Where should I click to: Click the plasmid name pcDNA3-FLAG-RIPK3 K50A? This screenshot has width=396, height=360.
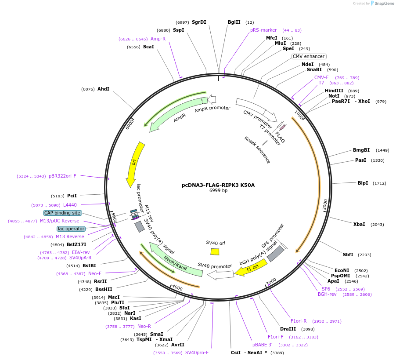[x=218, y=185]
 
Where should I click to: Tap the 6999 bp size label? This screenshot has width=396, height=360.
[x=218, y=191]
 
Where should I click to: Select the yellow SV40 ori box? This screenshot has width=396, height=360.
[x=215, y=251]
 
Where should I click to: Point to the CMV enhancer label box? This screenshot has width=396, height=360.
[x=309, y=56]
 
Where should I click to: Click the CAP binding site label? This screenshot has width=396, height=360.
[x=62, y=213]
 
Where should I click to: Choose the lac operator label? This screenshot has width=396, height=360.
[x=71, y=229]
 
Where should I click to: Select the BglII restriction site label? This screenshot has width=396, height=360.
[x=234, y=22]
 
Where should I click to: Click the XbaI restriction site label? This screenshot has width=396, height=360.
[x=359, y=224]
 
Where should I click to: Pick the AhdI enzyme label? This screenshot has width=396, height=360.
[x=103, y=89]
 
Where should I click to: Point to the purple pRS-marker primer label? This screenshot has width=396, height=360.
[x=263, y=30]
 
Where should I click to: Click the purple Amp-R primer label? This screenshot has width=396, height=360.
[x=158, y=39]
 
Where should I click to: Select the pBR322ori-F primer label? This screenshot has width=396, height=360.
[x=62, y=176]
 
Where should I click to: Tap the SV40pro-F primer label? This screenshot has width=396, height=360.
[x=197, y=353]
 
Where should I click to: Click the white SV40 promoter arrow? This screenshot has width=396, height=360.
[x=220, y=275]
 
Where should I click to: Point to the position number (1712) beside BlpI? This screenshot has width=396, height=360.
[x=379, y=183]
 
